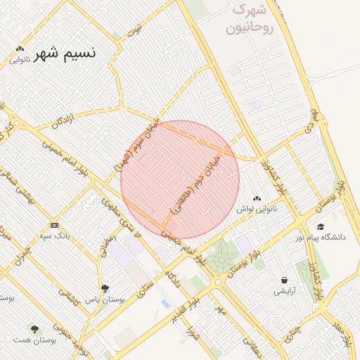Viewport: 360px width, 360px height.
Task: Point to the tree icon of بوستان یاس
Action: point(105,288)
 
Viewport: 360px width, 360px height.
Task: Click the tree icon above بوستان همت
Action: point(34,328)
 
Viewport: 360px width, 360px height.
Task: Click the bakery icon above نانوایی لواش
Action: point(257,199)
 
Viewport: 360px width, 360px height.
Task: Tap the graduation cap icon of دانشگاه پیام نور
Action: point(321,227)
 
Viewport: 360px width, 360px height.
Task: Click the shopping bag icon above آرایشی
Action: point(284,280)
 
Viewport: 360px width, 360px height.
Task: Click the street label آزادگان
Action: point(65,120)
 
